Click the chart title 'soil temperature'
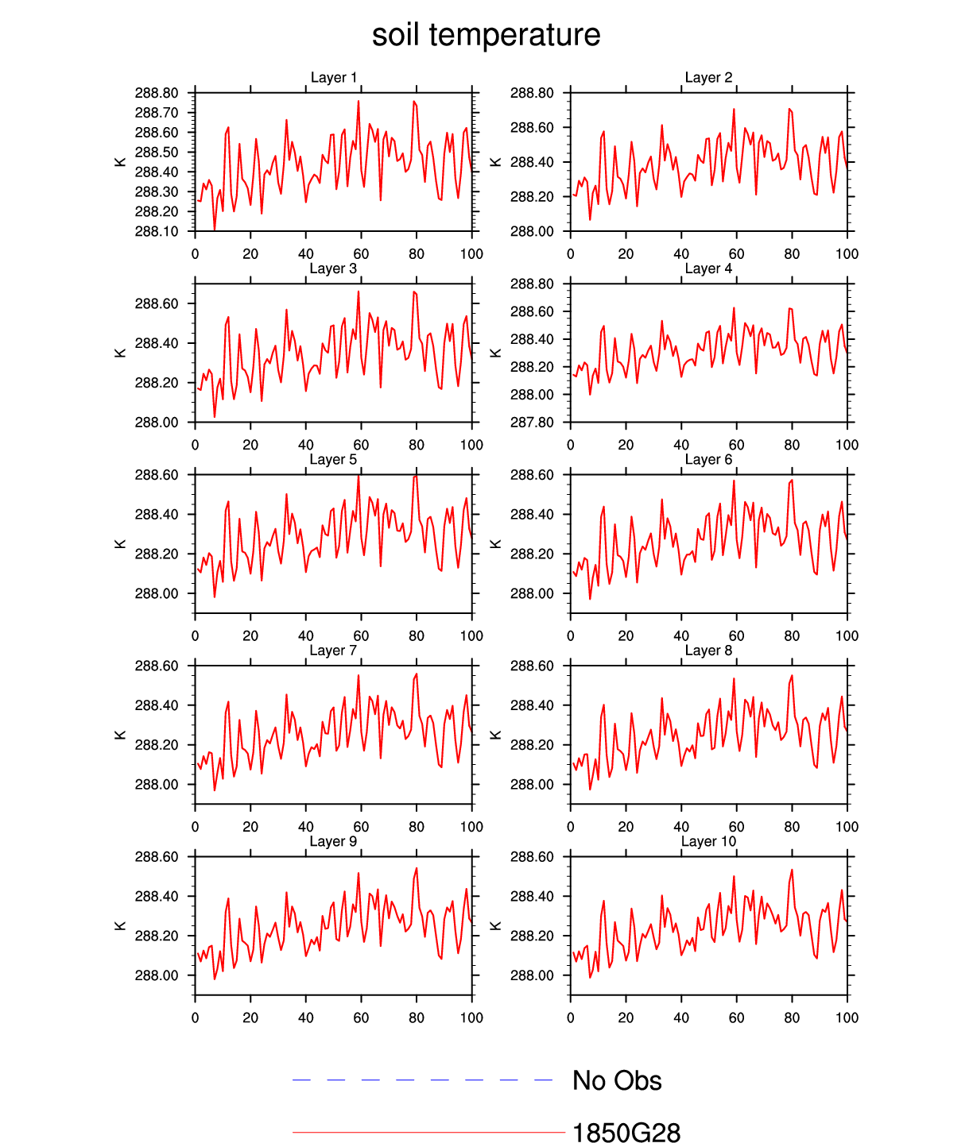486,36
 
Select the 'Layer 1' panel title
334,78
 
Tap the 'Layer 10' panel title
708,842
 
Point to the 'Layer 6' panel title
708,460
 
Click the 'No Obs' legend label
617,1081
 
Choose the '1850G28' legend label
626,1133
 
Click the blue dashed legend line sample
422,1080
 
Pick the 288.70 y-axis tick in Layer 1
157,113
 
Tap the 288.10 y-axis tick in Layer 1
157,232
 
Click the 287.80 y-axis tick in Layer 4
532,423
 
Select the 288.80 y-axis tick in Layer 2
532,93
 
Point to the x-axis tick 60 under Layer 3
361,446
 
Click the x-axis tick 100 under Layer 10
847,1018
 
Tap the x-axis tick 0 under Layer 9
196,1018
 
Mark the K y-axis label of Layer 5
121,544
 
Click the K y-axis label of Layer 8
496,736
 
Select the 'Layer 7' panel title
333,651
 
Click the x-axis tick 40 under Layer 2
681,254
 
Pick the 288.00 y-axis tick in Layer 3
157,423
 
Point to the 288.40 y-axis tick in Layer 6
532,515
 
